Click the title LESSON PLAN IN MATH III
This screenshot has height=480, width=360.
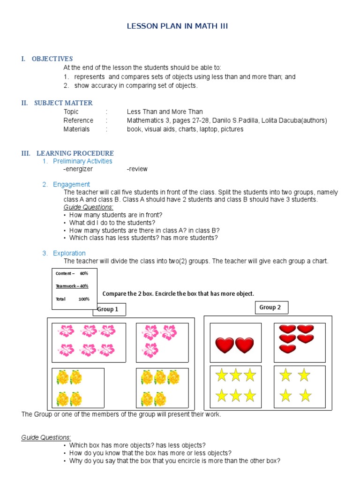click(177, 26)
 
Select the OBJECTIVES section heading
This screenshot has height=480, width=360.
click(52, 59)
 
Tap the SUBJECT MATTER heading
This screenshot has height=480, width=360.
click(63, 103)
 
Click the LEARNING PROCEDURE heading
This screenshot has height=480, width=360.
click(75, 153)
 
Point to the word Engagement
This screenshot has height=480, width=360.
click(71, 184)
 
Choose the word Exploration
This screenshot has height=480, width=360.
click(69, 253)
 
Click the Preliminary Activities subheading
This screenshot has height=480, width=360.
click(82, 161)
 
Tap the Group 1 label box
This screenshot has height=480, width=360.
click(109, 309)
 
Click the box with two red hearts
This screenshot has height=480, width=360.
click(235, 343)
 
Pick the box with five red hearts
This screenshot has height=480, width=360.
click(299, 343)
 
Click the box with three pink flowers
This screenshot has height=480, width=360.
click(162, 343)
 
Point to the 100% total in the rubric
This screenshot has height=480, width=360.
click(84, 299)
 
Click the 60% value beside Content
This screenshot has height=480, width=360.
click(84, 273)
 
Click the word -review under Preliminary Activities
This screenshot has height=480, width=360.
click(137, 169)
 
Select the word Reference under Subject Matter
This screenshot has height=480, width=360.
click(78, 120)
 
